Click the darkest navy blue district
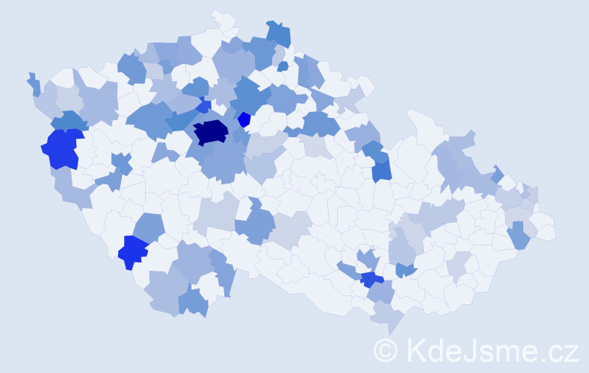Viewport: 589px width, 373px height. (210, 132)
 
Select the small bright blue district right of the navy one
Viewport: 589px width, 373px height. (244, 119)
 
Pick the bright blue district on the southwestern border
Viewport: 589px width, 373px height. (134, 251)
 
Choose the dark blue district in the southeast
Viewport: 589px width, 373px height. (371, 279)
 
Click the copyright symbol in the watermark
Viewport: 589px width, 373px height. (386, 350)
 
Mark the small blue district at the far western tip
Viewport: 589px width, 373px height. (34, 84)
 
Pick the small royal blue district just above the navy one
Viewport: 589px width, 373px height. (203, 107)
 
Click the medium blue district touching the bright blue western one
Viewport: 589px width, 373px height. (69, 120)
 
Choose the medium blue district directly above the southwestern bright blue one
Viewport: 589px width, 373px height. (149, 226)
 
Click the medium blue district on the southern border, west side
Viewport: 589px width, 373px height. (193, 302)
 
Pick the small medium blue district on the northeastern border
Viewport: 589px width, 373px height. (498, 175)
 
